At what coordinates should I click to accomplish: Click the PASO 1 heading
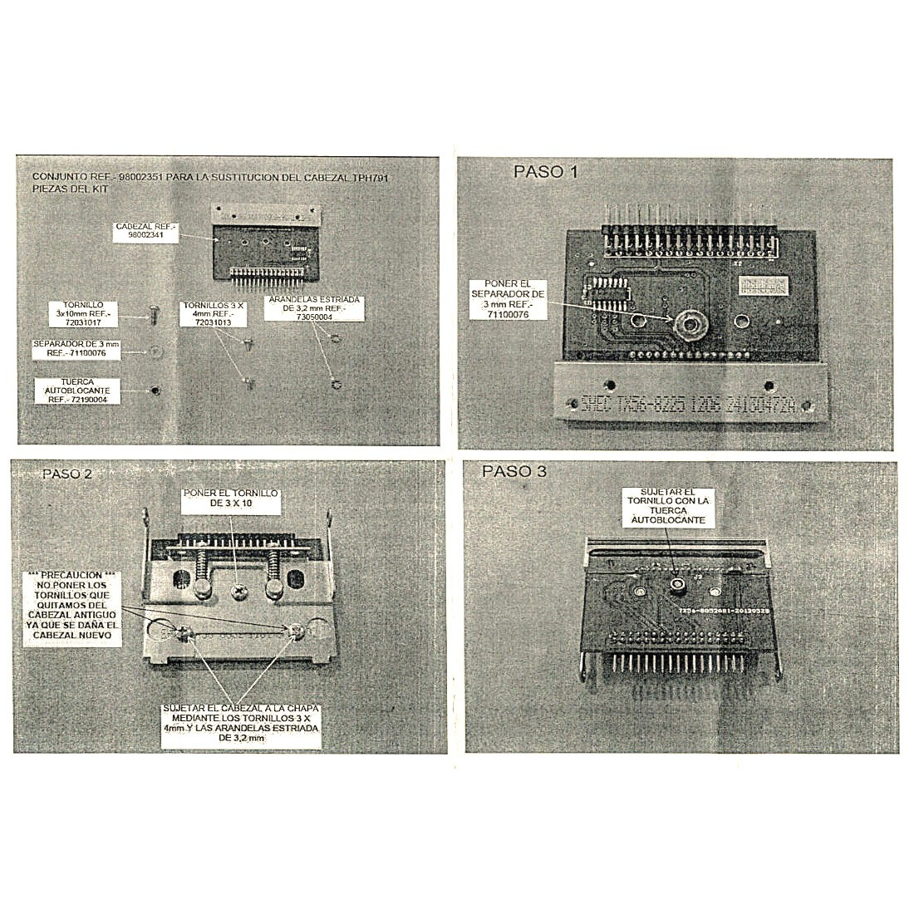(545, 172)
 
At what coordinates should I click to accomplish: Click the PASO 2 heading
(67, 474)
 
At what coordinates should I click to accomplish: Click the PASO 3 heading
(514, 471)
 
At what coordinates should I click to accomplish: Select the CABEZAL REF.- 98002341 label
(146, 232)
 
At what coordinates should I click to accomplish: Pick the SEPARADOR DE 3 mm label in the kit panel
(76, 349)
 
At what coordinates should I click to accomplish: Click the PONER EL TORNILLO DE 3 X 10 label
(231, 499)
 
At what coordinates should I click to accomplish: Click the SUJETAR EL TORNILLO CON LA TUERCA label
(668, 506)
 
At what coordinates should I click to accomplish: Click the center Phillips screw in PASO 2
(238, 592)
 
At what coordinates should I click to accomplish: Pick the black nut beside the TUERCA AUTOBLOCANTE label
(154, 391)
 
